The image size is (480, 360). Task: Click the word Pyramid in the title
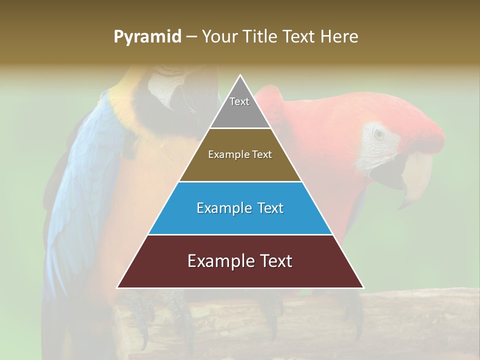[x=147, y=37]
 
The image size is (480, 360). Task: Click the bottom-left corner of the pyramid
[x=118, y=287]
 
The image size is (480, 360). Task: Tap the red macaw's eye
[x=379, y=134]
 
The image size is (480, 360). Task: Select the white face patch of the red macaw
[x=382, y=147]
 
